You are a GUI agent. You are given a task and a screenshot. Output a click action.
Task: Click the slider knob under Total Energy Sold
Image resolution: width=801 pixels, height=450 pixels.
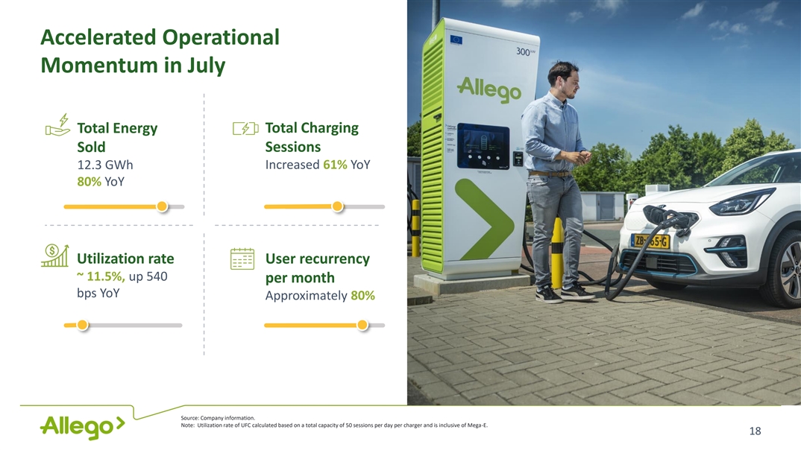click(x=162, y=206)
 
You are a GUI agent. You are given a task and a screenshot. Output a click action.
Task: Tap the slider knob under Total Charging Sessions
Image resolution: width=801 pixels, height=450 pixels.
click(x=337, y=206)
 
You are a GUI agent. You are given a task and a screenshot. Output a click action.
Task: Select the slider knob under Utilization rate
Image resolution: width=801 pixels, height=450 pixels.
click(x=82, y=325)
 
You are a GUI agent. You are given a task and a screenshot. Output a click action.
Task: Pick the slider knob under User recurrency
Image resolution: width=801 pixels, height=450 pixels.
click(x=362, y=325)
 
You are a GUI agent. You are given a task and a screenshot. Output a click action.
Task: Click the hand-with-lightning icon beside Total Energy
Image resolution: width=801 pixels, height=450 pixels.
click(x=57, y=125)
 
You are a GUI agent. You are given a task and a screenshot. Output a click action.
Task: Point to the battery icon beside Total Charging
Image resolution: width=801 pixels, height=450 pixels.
click(x=245, y=128)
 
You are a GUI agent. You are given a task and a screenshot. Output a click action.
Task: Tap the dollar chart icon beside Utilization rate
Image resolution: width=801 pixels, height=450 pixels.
click(x=54, y=255)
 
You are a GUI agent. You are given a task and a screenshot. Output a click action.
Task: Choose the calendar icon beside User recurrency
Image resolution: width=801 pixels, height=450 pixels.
click(x=242, y=259)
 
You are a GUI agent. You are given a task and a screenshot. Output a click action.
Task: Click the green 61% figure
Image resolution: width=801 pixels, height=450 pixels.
click(x=335, y=165)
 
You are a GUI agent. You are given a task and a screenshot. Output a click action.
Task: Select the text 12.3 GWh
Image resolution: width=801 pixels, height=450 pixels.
click(x=104, y=165)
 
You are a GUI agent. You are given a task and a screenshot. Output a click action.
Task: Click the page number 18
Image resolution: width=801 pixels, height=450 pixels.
click(x=755, y=431)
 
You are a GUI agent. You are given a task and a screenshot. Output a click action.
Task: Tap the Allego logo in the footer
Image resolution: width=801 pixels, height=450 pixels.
click(x=82, y=427)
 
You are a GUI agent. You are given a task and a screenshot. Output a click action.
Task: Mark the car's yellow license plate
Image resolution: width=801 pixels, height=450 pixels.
click(x=650, y=241)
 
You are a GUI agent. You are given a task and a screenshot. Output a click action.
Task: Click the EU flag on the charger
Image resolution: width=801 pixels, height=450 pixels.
click(x=456, y=39)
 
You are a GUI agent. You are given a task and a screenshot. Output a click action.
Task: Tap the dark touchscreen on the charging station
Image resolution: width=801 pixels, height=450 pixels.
click(x=483, y=147)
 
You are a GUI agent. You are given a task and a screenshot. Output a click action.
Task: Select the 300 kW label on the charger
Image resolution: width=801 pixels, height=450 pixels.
click(x=525, y=51)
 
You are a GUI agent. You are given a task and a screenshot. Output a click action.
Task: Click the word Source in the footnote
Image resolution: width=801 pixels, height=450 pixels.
click(x=189, y=418)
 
